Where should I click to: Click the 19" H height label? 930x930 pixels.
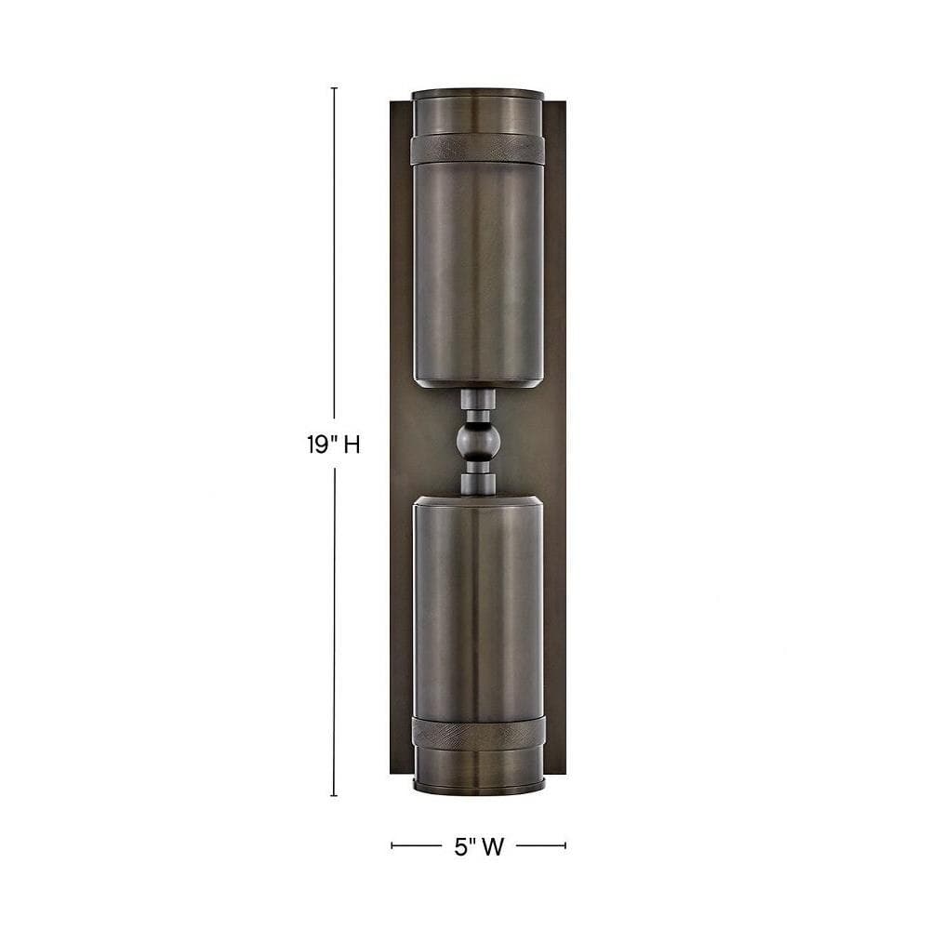[x=333, y=444]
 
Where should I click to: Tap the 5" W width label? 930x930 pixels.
[x=479, y=847]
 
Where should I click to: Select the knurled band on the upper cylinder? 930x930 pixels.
[x=477, y=149]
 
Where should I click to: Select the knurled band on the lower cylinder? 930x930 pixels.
[x=477, y=731]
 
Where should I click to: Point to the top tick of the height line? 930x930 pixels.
[x=334, y=87]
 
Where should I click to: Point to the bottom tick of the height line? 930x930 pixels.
[x=334, y=795]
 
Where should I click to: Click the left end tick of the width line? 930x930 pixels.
[x=392, y=845]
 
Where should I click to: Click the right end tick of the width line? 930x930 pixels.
[x=565, y=845]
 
